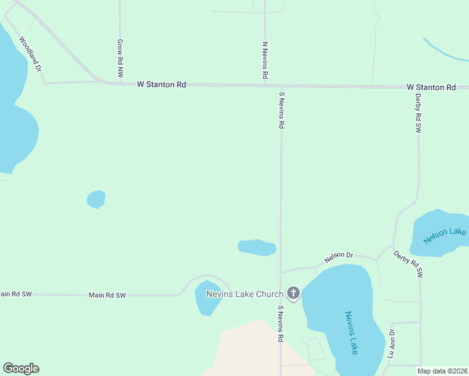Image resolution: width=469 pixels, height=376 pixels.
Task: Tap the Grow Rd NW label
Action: pyautogui.click(x=120, y=59)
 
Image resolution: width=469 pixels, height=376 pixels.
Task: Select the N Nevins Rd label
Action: pyautogui.click(x=265, y=61)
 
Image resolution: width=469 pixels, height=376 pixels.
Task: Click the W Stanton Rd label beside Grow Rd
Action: pyautogui.click(x=162, y=85)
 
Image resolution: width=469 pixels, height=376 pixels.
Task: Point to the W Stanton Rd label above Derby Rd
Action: pyautogui.click(x=431, y=87)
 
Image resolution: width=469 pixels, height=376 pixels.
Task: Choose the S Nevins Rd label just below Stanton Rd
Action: pyautogui.click(x=282, y=110)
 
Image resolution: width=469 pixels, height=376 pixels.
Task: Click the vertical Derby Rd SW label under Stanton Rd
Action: pyautogui.click(x=418, y=113)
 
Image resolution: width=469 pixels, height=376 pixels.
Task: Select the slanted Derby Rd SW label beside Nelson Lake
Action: pyautogui.click(x=409, y=264)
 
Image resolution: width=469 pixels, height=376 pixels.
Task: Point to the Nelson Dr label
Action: pyautogui.click(x=339, y=257)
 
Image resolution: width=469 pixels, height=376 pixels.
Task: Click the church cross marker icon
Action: pyautogui.click(x=293, y=293)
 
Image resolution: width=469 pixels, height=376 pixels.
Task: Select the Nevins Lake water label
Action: pyautogui.click(x=351, y=333)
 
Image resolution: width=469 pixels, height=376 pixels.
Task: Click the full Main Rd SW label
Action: pyautogui.click(x=107, y=295)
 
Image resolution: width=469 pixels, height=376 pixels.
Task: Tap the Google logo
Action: pyautogui.click(x=21, y=368)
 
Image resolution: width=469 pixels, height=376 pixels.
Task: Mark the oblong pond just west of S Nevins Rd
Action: pyautogui.click(x=257, y=248)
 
